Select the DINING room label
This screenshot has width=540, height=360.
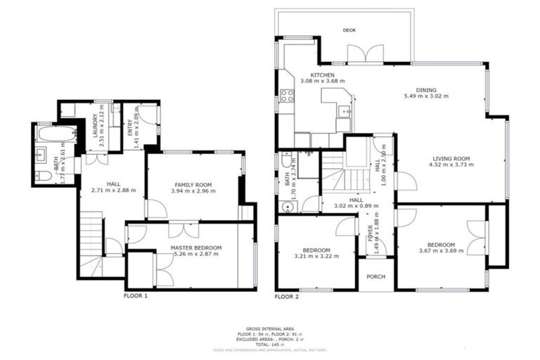coord(425,90)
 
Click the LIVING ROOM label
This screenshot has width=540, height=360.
coord(451,159)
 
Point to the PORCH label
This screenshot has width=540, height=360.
coord(376,276)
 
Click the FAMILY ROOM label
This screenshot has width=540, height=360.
coord(195,184)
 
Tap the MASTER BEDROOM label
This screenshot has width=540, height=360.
coord(196,247)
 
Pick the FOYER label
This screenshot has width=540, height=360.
coord(370,231)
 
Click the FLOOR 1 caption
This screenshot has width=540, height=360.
coord(136,296)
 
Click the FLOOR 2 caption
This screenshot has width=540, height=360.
coord(287,297)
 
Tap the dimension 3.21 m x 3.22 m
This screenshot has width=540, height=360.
coord(316,257)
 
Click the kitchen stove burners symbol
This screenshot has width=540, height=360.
coord(287,96)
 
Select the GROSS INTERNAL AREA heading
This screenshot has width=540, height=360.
coord(270,328)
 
